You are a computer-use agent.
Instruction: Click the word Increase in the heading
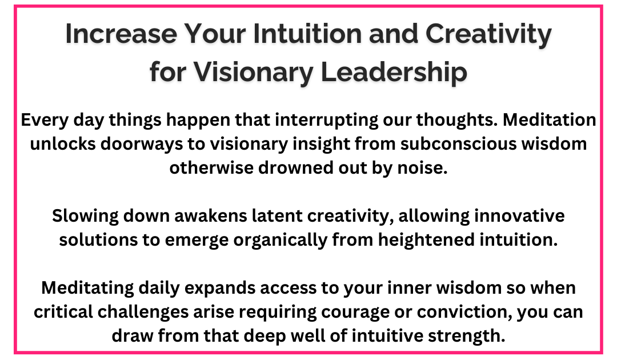click(x=121, y=34)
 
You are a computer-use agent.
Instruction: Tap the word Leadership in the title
click(x=394, y=72)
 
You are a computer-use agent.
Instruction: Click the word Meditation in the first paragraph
click(x=550, y=119)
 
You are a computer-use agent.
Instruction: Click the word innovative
click(x=519, y=216)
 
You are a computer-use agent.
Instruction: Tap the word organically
click(x=280, y=241)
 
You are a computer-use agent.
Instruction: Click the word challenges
click(x=143, y=313)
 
